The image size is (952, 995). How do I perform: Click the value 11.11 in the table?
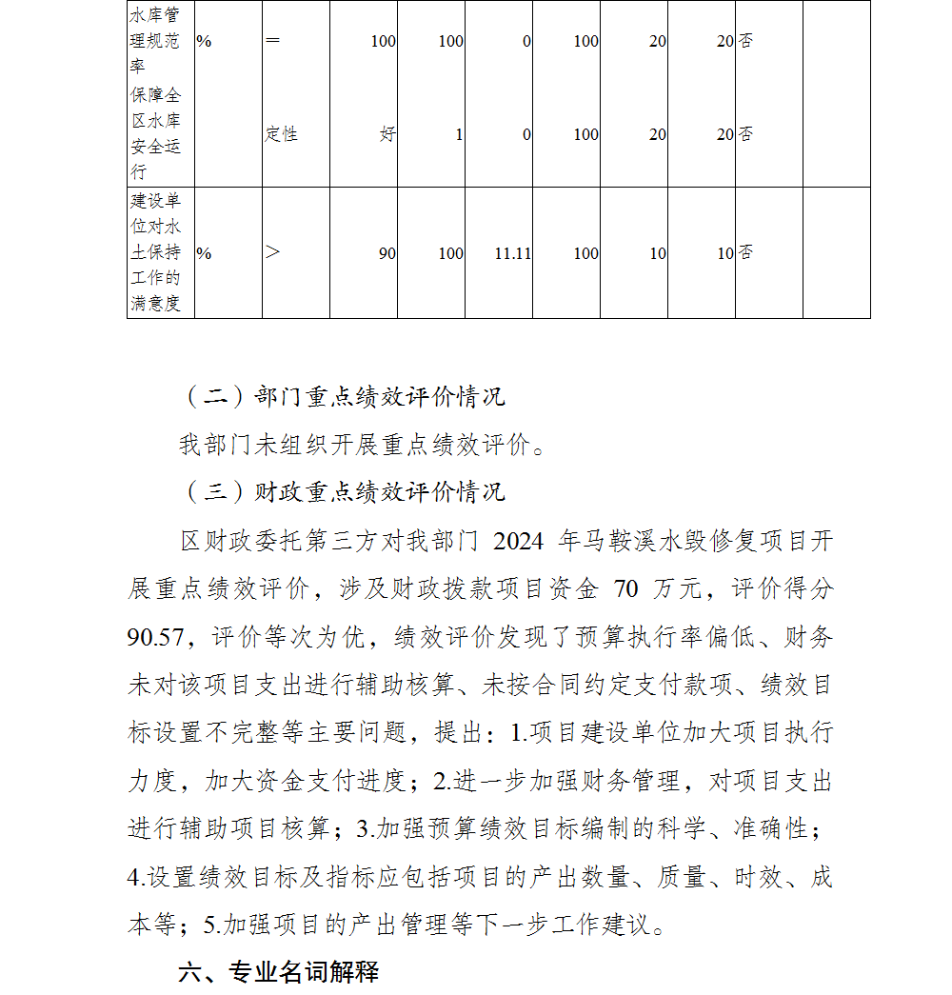tap(512, 253)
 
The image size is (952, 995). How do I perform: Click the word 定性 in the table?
tap(281, 134)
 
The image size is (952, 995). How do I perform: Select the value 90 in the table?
tap(387, 253)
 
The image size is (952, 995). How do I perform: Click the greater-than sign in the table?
tap(273, 253)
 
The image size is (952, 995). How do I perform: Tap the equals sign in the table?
tap(272, 42)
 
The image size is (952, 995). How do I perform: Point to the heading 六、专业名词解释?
tap(278, 972)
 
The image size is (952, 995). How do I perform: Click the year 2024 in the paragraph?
tap(519, 542)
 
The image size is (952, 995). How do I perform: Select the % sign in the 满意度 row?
tap(204, 253)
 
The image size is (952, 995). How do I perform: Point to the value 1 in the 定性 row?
tap(459, 134)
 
